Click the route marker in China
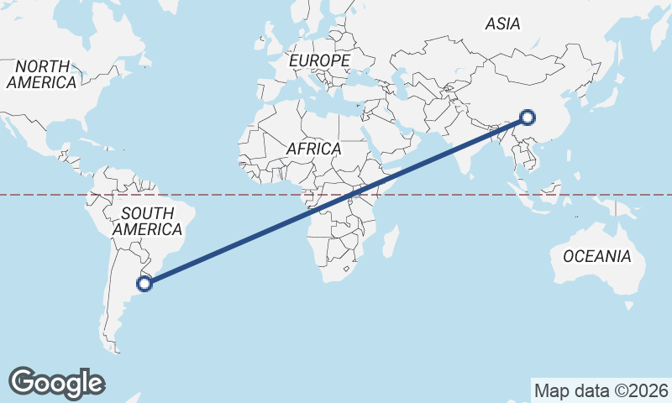coord(527,118)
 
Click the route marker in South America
coord(144,283)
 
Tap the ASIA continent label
coord(502,24)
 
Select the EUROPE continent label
coord(318,61)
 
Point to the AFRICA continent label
coord(313,149)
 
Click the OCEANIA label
coord(596,256)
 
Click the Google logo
coord(57,382)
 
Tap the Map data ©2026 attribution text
coord(601,390)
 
